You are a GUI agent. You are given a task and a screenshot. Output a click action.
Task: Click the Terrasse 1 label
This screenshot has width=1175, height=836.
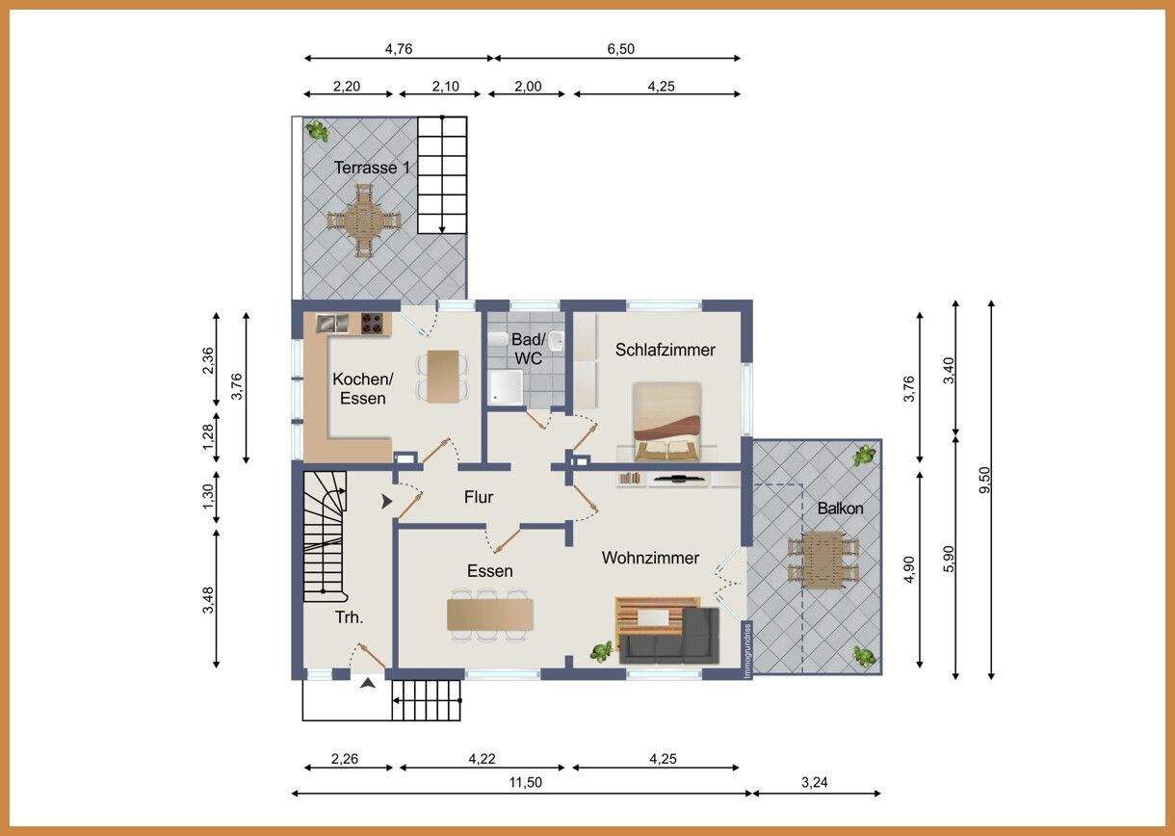(x=372, y=168)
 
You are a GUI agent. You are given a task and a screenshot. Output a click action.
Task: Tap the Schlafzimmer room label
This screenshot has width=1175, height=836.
(x=666, y=350)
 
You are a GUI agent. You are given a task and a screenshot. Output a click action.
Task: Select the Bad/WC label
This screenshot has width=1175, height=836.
(x=528, y=349)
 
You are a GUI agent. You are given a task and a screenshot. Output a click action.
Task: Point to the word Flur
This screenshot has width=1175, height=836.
(x=479, y=497)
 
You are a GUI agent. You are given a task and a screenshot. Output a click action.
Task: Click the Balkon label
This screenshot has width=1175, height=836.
(x=840, y=509)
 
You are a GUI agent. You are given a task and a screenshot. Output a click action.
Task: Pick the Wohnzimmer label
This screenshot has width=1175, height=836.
(x=650, y=558)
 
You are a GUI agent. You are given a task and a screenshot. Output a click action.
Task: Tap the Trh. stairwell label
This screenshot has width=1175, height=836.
(x=350, y=617)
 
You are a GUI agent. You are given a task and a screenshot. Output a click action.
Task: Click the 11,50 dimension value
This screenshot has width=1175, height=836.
(x=526, y=782)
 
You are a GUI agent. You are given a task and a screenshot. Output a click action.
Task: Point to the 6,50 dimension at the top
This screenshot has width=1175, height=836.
(x=621, y=49)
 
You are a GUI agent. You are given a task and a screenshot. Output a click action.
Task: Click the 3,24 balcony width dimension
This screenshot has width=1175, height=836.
(x=815, y=782)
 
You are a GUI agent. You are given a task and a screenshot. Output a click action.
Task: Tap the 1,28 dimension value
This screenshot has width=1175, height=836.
(x=208, y=436)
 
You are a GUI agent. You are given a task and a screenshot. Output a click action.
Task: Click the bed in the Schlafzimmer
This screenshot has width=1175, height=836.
(x=667, y=421)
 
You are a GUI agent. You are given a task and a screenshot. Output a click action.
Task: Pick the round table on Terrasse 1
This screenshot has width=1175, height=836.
(x=363, y=221)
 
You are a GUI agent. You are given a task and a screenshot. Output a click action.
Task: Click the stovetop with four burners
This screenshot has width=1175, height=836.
(x=373, y=323)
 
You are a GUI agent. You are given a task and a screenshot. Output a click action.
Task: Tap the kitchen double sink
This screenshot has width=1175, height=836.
(x=332, y=323)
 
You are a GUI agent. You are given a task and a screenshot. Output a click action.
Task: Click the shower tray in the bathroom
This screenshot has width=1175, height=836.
(x=506, y=387)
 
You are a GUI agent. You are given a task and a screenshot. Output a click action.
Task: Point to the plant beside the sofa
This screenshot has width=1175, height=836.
(x=602, y=651)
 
